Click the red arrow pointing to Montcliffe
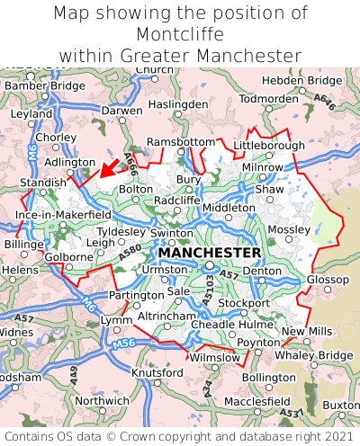[x=109, y=167]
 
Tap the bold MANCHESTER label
[x=210, y=253]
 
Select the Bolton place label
[x=136, y=190]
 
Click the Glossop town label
[x=328, y=280]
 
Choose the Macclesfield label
[x=256, y=401]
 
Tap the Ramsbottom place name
[x=181, y=143]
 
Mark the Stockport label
[x=243, y=303]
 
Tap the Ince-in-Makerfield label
[x=63, y=216]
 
